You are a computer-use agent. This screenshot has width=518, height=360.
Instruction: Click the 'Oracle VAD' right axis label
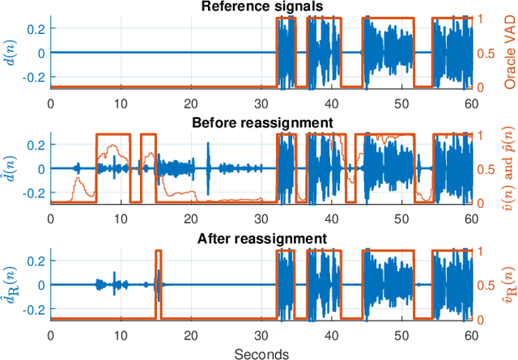click(510, 53)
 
